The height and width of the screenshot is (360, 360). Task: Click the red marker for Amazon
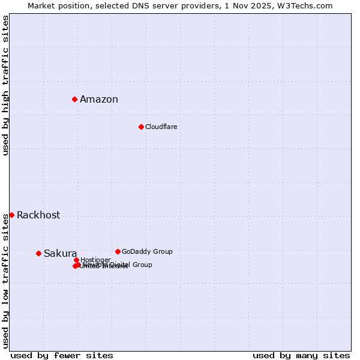pyautogui.click(x=74, y=99)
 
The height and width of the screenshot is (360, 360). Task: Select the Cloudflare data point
pyautogui.click(x=141, y=127)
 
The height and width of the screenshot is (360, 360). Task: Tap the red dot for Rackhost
pyautogui.click(x=11, y=215)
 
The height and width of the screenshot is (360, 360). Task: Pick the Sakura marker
pyautogui.click(x=38, y=253)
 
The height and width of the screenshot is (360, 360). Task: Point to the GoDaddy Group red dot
pyautogui.click(x=118, y=251)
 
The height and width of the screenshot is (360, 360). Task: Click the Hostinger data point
pyautogui.click(x=76, y=260)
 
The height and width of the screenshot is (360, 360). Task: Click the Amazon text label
pyautogui.click(x=99, y=100)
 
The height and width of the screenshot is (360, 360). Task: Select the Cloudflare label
pyautogui.click(x=161, y=127)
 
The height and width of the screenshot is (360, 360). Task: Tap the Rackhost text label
pyautogui.click(x=38, y=215)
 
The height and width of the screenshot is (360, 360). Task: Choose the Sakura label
pyautogui.click(x=60, y=254)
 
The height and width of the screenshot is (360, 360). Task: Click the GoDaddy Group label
pyautogui.click(x=147, y=251)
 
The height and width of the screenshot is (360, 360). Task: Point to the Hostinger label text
pyautogui.click(x=95, y=260)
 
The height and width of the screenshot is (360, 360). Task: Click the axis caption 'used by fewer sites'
pyautogui.click(x=62, y=355)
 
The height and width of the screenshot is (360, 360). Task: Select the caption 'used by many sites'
pyautogui.click(x=301, y=355)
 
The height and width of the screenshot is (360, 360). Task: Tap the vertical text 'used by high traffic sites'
pyautogui.click(x=5, y=85)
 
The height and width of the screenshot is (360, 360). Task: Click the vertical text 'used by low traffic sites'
pyautogui.click(x=5, y=281)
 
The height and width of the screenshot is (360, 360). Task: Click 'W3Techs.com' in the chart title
pyautogui.click(x=307, y=5)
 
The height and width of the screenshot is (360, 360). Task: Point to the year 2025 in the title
pyautogui.click(x=268, y=5)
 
